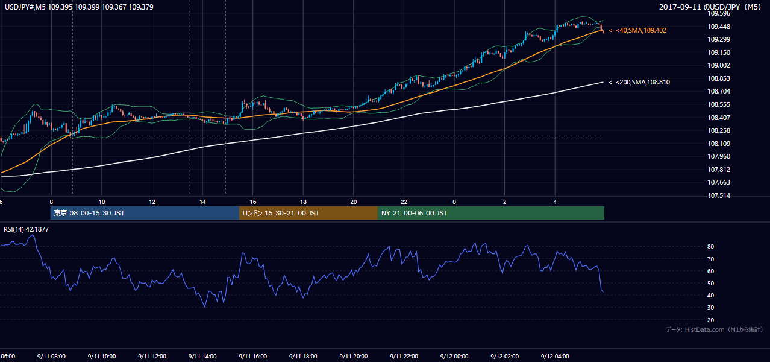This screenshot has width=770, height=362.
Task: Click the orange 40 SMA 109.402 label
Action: [x=637, y=30]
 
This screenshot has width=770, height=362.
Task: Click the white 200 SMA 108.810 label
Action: [x=639, y=82]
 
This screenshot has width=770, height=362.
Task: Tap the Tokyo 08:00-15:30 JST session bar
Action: [x=145, y=213]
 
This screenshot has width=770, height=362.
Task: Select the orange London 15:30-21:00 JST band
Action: [x=308, y=213]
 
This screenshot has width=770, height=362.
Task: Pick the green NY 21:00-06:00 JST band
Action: [x=491, y=213]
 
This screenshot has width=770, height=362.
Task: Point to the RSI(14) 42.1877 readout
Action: [x=26, y=229]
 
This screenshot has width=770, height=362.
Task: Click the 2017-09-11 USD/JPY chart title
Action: [x=710, y=7]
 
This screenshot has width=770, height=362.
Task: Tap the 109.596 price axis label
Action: [x=719, y=14]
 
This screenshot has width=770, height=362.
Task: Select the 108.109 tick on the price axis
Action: [x=719, y=144]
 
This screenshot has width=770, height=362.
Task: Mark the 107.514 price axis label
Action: [x=719, y=195]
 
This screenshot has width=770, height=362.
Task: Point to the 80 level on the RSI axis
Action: [x=710, y=246]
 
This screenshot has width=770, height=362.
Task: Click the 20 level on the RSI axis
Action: [x=710, y=320]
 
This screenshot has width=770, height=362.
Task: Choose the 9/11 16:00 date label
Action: [x=252, y=356]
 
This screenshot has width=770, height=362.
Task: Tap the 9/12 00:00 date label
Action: [x=454, y=356]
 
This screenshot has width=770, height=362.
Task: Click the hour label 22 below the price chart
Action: [x=404, y=202]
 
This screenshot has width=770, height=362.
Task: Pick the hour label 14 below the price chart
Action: [x=202, y=202]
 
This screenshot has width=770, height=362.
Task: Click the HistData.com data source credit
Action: [x=715, y=329]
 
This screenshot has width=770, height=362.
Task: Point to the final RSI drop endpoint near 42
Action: [x=603, y=293]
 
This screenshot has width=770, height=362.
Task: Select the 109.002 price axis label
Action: [x=719, y=65]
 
